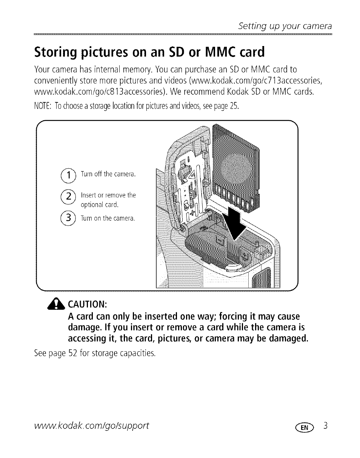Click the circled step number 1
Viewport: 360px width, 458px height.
click(68, 175)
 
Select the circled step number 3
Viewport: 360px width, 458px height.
click(68, 218)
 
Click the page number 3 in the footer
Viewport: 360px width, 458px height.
click(326, 426)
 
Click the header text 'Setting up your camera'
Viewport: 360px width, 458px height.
click(285, 26)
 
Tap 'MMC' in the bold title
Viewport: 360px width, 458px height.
click(220, 52)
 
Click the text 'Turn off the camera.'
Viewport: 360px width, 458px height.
click(108, 174)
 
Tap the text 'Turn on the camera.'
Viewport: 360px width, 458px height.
click(108, 218)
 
